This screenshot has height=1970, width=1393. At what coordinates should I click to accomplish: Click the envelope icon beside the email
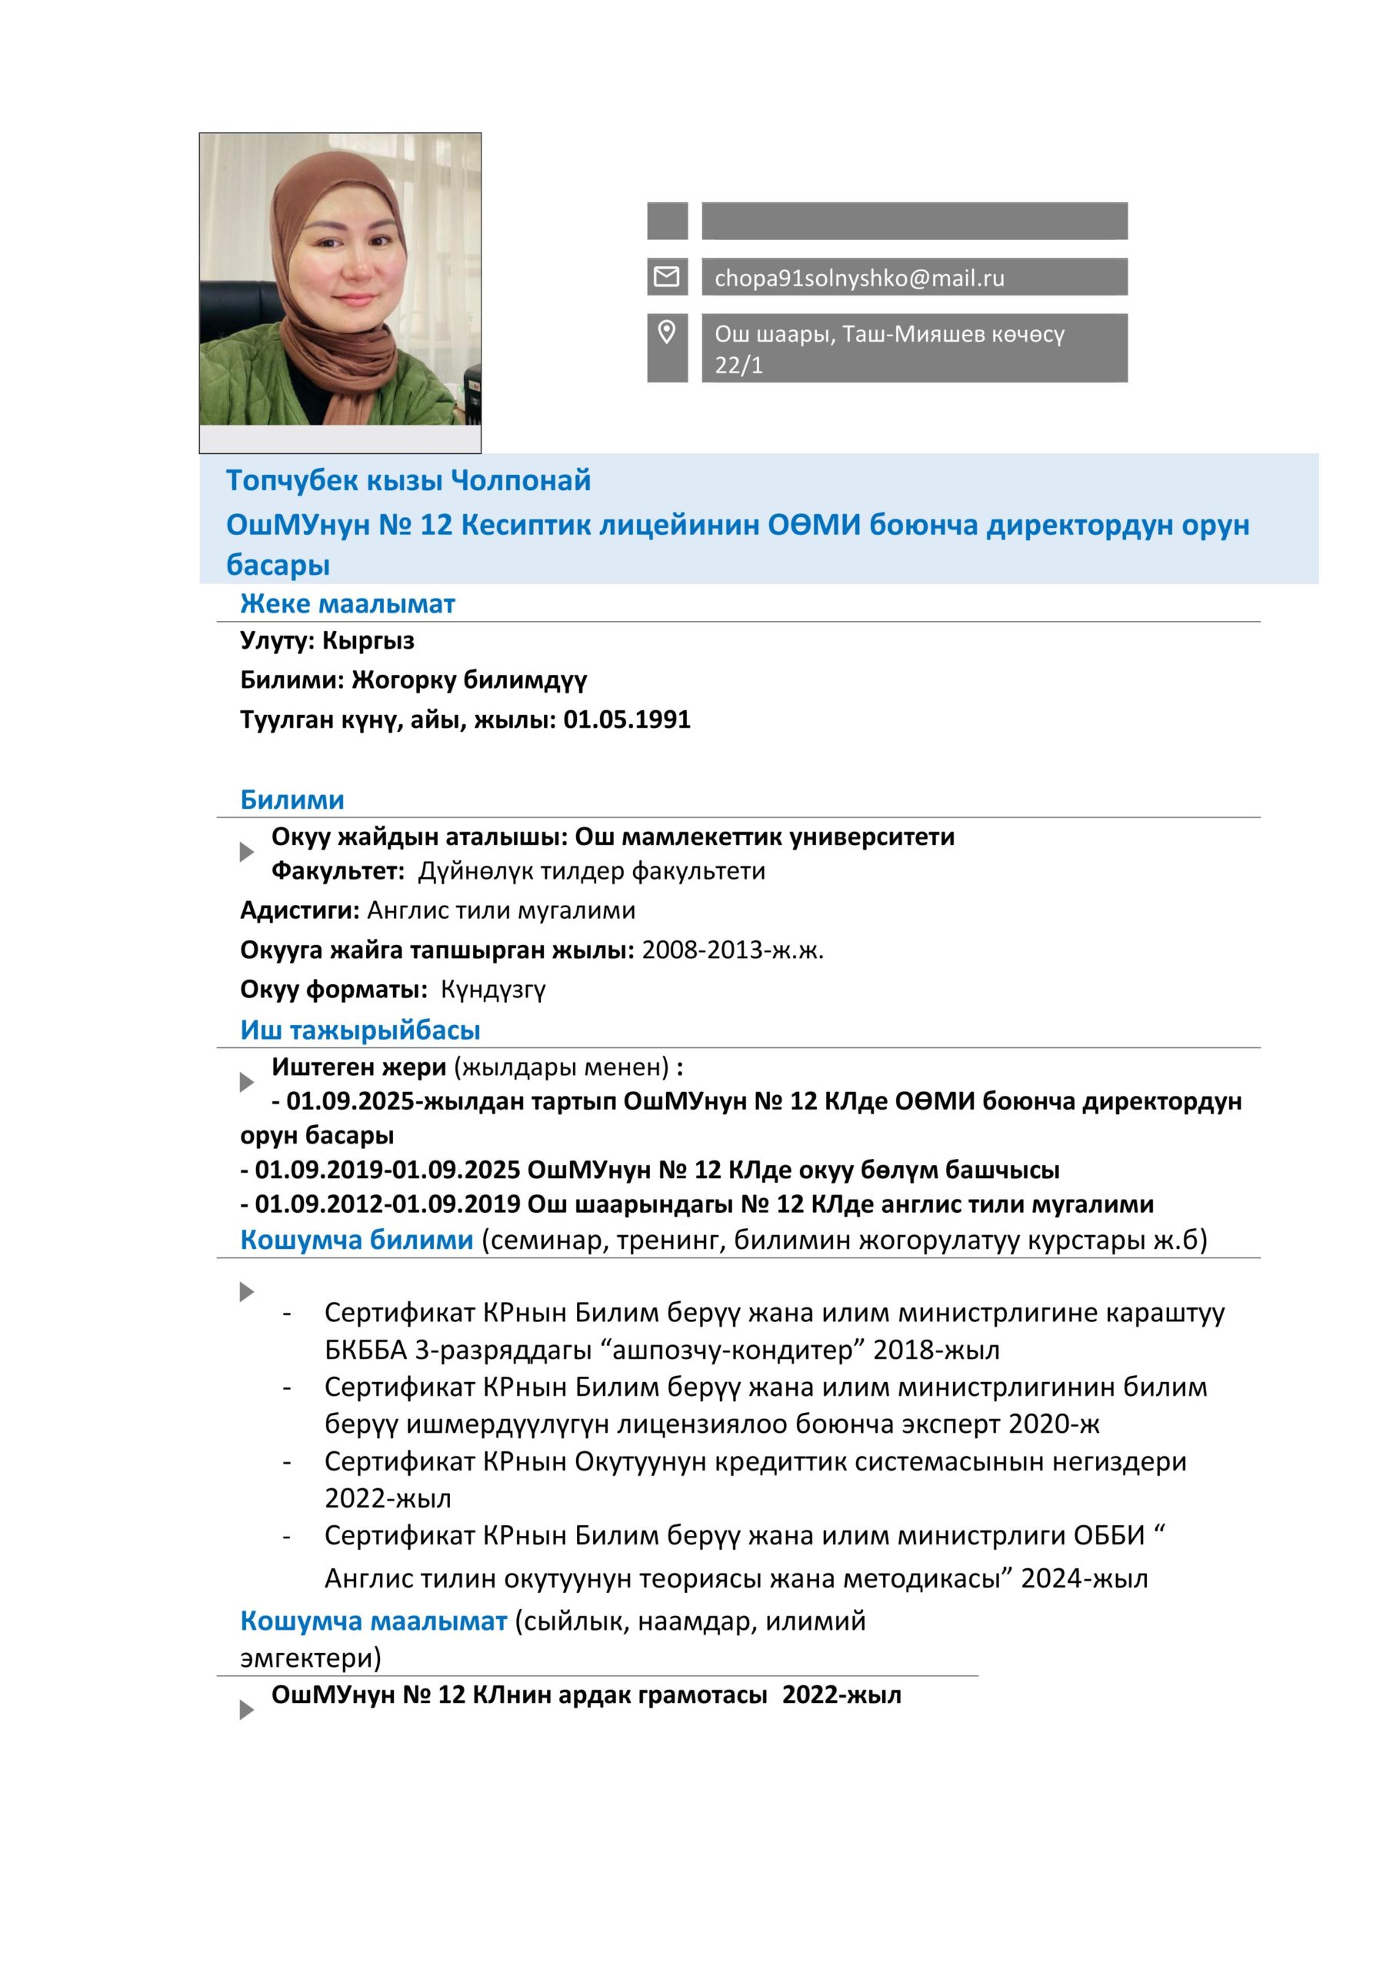pos(666,276)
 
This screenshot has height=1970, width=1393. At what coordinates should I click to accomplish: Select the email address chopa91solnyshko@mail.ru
pos(858,278)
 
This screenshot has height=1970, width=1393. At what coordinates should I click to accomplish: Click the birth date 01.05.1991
pos(626,719)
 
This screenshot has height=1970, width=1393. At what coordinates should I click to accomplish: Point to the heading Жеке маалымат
pos(348,603)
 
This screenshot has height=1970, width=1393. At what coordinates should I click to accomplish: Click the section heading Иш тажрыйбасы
pos(359,1030)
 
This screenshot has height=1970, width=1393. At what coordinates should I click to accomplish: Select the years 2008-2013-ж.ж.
pos(731,950)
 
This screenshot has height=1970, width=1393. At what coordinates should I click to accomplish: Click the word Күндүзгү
pos(493,990)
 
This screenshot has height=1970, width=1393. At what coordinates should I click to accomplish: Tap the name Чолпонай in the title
pos(521,480)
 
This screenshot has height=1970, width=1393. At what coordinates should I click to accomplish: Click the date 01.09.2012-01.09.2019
pos(388,1204)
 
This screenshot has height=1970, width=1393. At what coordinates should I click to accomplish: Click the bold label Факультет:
pos(338,871)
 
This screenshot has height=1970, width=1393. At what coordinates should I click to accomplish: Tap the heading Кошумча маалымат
pos(373,1621)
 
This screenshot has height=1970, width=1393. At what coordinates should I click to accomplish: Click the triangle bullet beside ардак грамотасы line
pos(246,1710)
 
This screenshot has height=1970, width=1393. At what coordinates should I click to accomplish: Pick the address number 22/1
pos(738,366)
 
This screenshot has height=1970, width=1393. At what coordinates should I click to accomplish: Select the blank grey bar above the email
pos(914,221)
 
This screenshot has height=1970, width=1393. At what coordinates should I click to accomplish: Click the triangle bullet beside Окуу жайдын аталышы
pos(246,852)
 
